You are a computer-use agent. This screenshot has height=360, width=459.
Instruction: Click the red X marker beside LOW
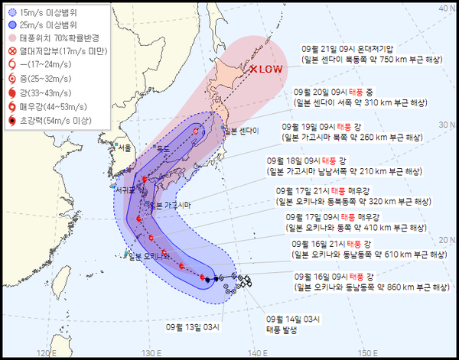pos(255,69)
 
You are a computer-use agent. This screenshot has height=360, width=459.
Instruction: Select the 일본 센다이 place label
pos(241,131)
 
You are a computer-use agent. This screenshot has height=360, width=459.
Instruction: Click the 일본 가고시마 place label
pos(169,205)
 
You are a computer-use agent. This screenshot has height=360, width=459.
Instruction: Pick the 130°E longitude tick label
pos(153,352)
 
